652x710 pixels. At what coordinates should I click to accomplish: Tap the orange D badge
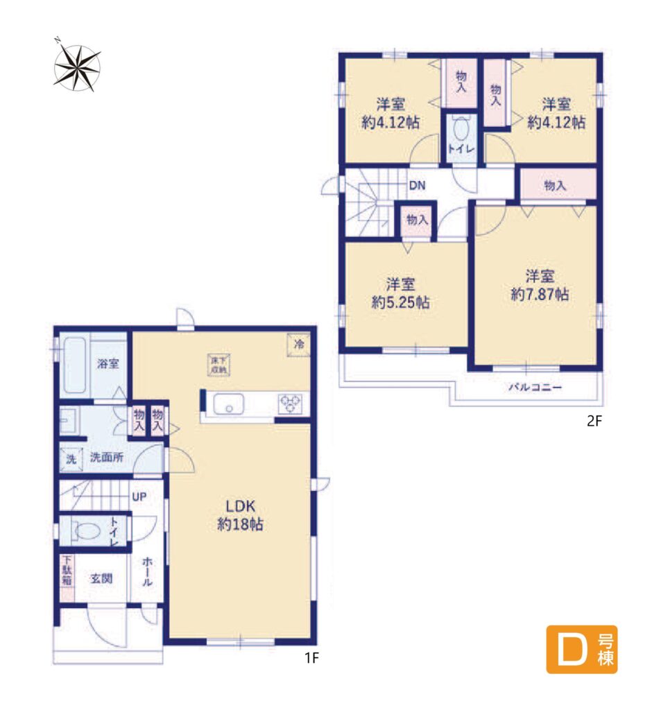[581, 648]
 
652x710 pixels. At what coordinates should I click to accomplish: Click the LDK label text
[240, 505]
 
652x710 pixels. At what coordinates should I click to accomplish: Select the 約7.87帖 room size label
[540, 294]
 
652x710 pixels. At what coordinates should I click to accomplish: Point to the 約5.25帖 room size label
[400, 302]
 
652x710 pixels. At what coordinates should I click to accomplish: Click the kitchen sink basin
[228, 404]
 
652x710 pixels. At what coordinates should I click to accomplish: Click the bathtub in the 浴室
[74, 365]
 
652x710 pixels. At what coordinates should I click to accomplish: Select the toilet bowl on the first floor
[86, 530]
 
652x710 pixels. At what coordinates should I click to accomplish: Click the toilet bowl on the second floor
[461, 129]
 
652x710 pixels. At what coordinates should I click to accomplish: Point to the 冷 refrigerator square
[298, 345]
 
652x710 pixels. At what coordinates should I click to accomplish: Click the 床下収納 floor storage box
[219, 365]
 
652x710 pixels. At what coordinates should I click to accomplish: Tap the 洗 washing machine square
[71, 459]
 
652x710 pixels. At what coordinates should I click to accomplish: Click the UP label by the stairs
[139, 496]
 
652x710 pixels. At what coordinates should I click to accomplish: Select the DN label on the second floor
[418, 185]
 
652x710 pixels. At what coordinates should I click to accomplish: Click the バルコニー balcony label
[535, 388]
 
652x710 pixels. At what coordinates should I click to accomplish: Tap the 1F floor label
[311, 657]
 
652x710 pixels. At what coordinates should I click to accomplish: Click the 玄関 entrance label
[101, 578]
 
